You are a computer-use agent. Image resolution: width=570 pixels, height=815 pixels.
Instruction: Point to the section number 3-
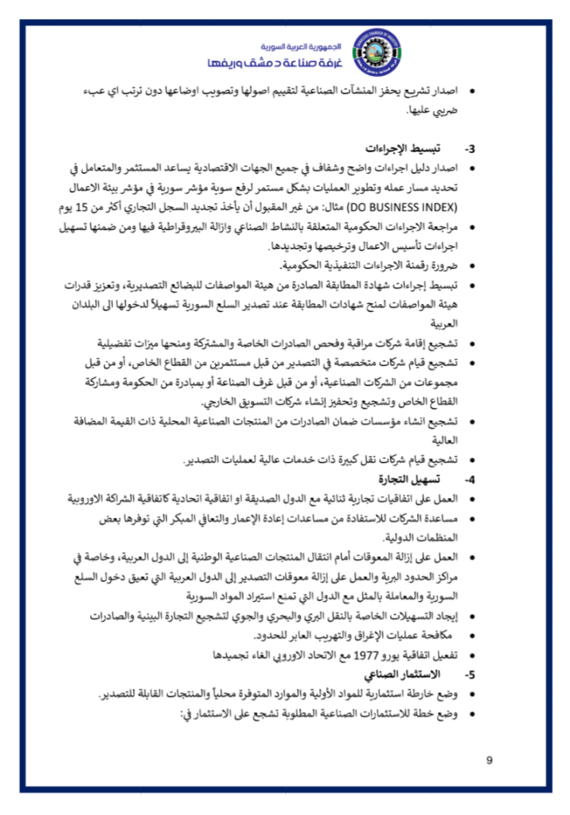(x=470, y=149)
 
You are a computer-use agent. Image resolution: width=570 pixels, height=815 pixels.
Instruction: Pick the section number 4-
(x=470, y=479)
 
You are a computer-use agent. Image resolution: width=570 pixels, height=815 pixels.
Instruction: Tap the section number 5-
(x=470, y=674)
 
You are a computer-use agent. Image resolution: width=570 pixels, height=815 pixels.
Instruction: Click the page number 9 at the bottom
(x=490, y=761)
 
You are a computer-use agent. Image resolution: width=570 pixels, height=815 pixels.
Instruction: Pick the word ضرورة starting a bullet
(x=440, y=266)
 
